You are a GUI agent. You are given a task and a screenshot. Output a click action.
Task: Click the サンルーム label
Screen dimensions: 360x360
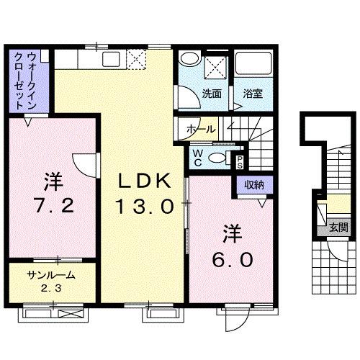point(52,275)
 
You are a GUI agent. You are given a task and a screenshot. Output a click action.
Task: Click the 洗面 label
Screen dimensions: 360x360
point(210,94)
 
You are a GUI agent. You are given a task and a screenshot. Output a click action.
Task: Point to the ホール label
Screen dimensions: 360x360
point(199,129)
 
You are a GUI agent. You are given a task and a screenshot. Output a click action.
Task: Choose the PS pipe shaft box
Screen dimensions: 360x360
point(240,162)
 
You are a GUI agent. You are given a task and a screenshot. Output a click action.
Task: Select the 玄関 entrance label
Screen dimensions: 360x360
point(338,228)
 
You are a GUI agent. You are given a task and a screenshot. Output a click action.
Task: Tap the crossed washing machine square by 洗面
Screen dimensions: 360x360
point(215,66)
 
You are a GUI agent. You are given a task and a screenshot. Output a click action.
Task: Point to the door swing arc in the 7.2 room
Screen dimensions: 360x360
point(81,164)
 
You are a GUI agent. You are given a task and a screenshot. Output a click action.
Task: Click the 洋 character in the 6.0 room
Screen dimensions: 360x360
point(230,234)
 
